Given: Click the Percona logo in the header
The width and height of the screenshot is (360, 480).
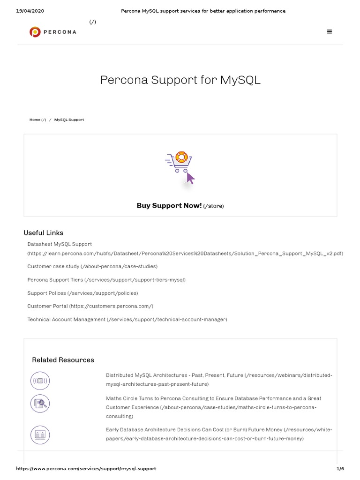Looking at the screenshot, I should pyautogui.click(x=52, y=32).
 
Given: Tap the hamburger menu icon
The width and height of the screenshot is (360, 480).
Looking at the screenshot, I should pyautogui.click(x=330, y=32).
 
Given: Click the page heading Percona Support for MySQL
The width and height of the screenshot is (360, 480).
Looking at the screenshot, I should pyautogui.click(x=180, y=80).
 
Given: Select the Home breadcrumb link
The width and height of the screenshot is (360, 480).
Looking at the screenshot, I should pyautogui.click(x=35, y=120).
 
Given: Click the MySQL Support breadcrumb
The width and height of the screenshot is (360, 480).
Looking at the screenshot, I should pyautogui.click(x=69, y=120).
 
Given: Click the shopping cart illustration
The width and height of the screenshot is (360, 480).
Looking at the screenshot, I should pyautogui.click(x=179, y=162).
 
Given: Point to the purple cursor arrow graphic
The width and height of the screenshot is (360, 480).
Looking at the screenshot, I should pyautogui.click(x=190, y=178).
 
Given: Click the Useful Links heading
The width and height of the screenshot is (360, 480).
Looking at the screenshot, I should pyautogui.click(x=44, y=233).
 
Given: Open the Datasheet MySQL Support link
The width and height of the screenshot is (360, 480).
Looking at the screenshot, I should pyautogui.click(x=60, y=244).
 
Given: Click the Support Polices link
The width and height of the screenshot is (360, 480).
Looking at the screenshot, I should pyautogui.click(x=47, y=293).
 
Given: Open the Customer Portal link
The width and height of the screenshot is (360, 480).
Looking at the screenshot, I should pyautogui.click(x=48, y=306).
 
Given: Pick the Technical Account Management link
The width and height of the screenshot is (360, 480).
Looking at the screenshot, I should pyautogui.click(x=66, y=320).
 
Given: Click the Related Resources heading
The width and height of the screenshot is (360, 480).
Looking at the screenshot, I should pyautogui.click(x=63, y=360).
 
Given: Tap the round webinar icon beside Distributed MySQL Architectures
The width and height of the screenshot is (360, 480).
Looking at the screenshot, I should pyautogui.click(x=40, y=381).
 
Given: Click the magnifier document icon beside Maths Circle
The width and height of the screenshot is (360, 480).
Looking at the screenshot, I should pyautogui.click(x=40, y=403).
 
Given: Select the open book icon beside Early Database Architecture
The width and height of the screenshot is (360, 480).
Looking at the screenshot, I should pyautogui.click(x=40, y=435).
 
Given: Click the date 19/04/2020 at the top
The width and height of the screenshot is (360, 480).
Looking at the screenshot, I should pyautogui.click(x=30, y=11).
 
